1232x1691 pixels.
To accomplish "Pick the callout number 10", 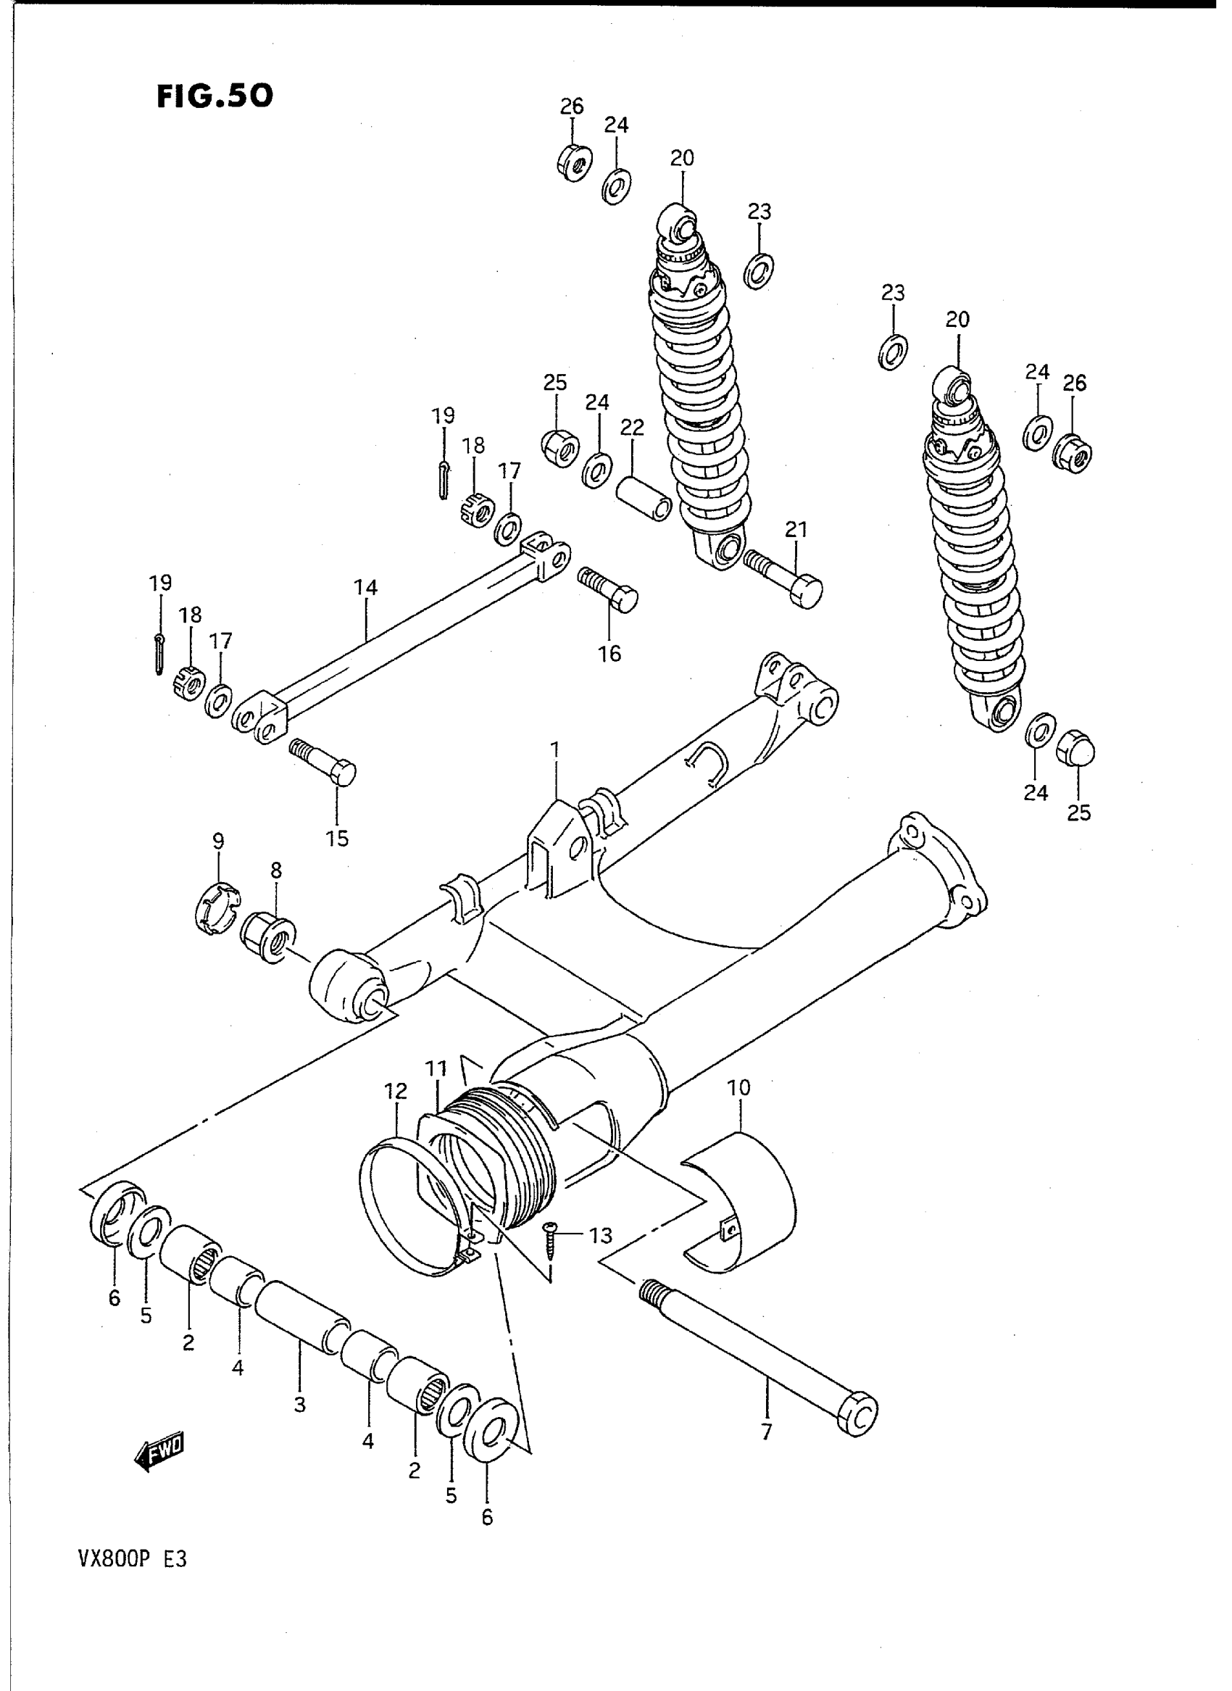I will click(739, 1087).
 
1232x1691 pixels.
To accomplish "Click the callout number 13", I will click(600, 1236).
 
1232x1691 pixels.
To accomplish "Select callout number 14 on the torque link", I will click(365, 588).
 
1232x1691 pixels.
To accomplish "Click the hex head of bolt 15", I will click(342, 773).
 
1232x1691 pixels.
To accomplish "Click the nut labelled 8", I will click(268, 938).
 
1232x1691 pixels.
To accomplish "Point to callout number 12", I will click(396, 1092).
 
